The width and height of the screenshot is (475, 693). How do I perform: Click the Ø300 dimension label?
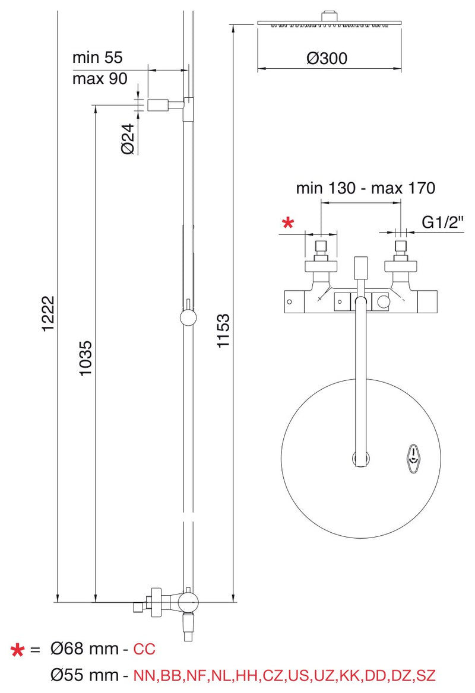pyautogui.click(x=327, y=58)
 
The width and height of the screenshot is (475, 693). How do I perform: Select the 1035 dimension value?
pyautogui.click(x=85, y=358)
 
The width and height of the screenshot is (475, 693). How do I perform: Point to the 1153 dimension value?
pyautogui.click(x=223, y=330)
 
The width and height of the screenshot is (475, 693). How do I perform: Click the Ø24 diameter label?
pyautogui.click(x=128, y=139)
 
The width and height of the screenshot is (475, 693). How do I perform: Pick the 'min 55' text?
pyautogui.click(x=97, y=58)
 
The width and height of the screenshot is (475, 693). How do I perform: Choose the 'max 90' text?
pyautogui.click(x=100, y=79)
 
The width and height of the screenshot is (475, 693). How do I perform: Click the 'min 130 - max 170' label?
pyautogui.click(x=366, y=188)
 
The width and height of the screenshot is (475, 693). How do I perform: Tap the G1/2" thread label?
pyautogui.click(x=443, y=222)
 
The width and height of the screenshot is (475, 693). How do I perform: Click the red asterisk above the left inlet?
pyautogui.click(x=288, y=222)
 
